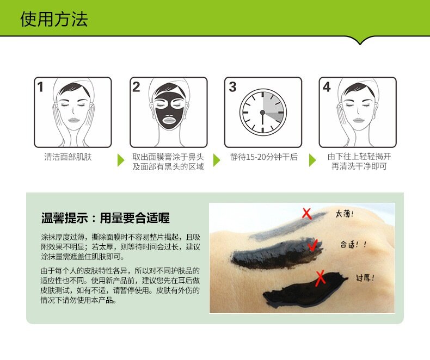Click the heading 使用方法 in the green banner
(x=54, y=19)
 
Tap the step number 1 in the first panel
(x=40, y=87)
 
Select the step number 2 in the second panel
(x=136, y=87)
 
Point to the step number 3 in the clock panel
(x=232, y=87)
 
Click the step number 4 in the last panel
(x=327, y=87)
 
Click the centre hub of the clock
(x=262, y=113)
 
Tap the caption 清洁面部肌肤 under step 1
(x=68, y=157)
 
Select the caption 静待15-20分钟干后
(x=264, y=157)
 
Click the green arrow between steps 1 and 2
(x=121, y=160)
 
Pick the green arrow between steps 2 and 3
(x=217, y=160)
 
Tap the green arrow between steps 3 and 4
(x=312, y=160)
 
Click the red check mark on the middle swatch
(x=312, y=245)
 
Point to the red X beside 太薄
(x=307, y=214)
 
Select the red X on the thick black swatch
(x=320, y=278)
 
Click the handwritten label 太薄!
(x=345, y=214)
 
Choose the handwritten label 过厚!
(x=365, y=278)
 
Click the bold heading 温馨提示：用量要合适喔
(x=105, y=218)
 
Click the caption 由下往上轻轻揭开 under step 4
(x=359, y=157)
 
